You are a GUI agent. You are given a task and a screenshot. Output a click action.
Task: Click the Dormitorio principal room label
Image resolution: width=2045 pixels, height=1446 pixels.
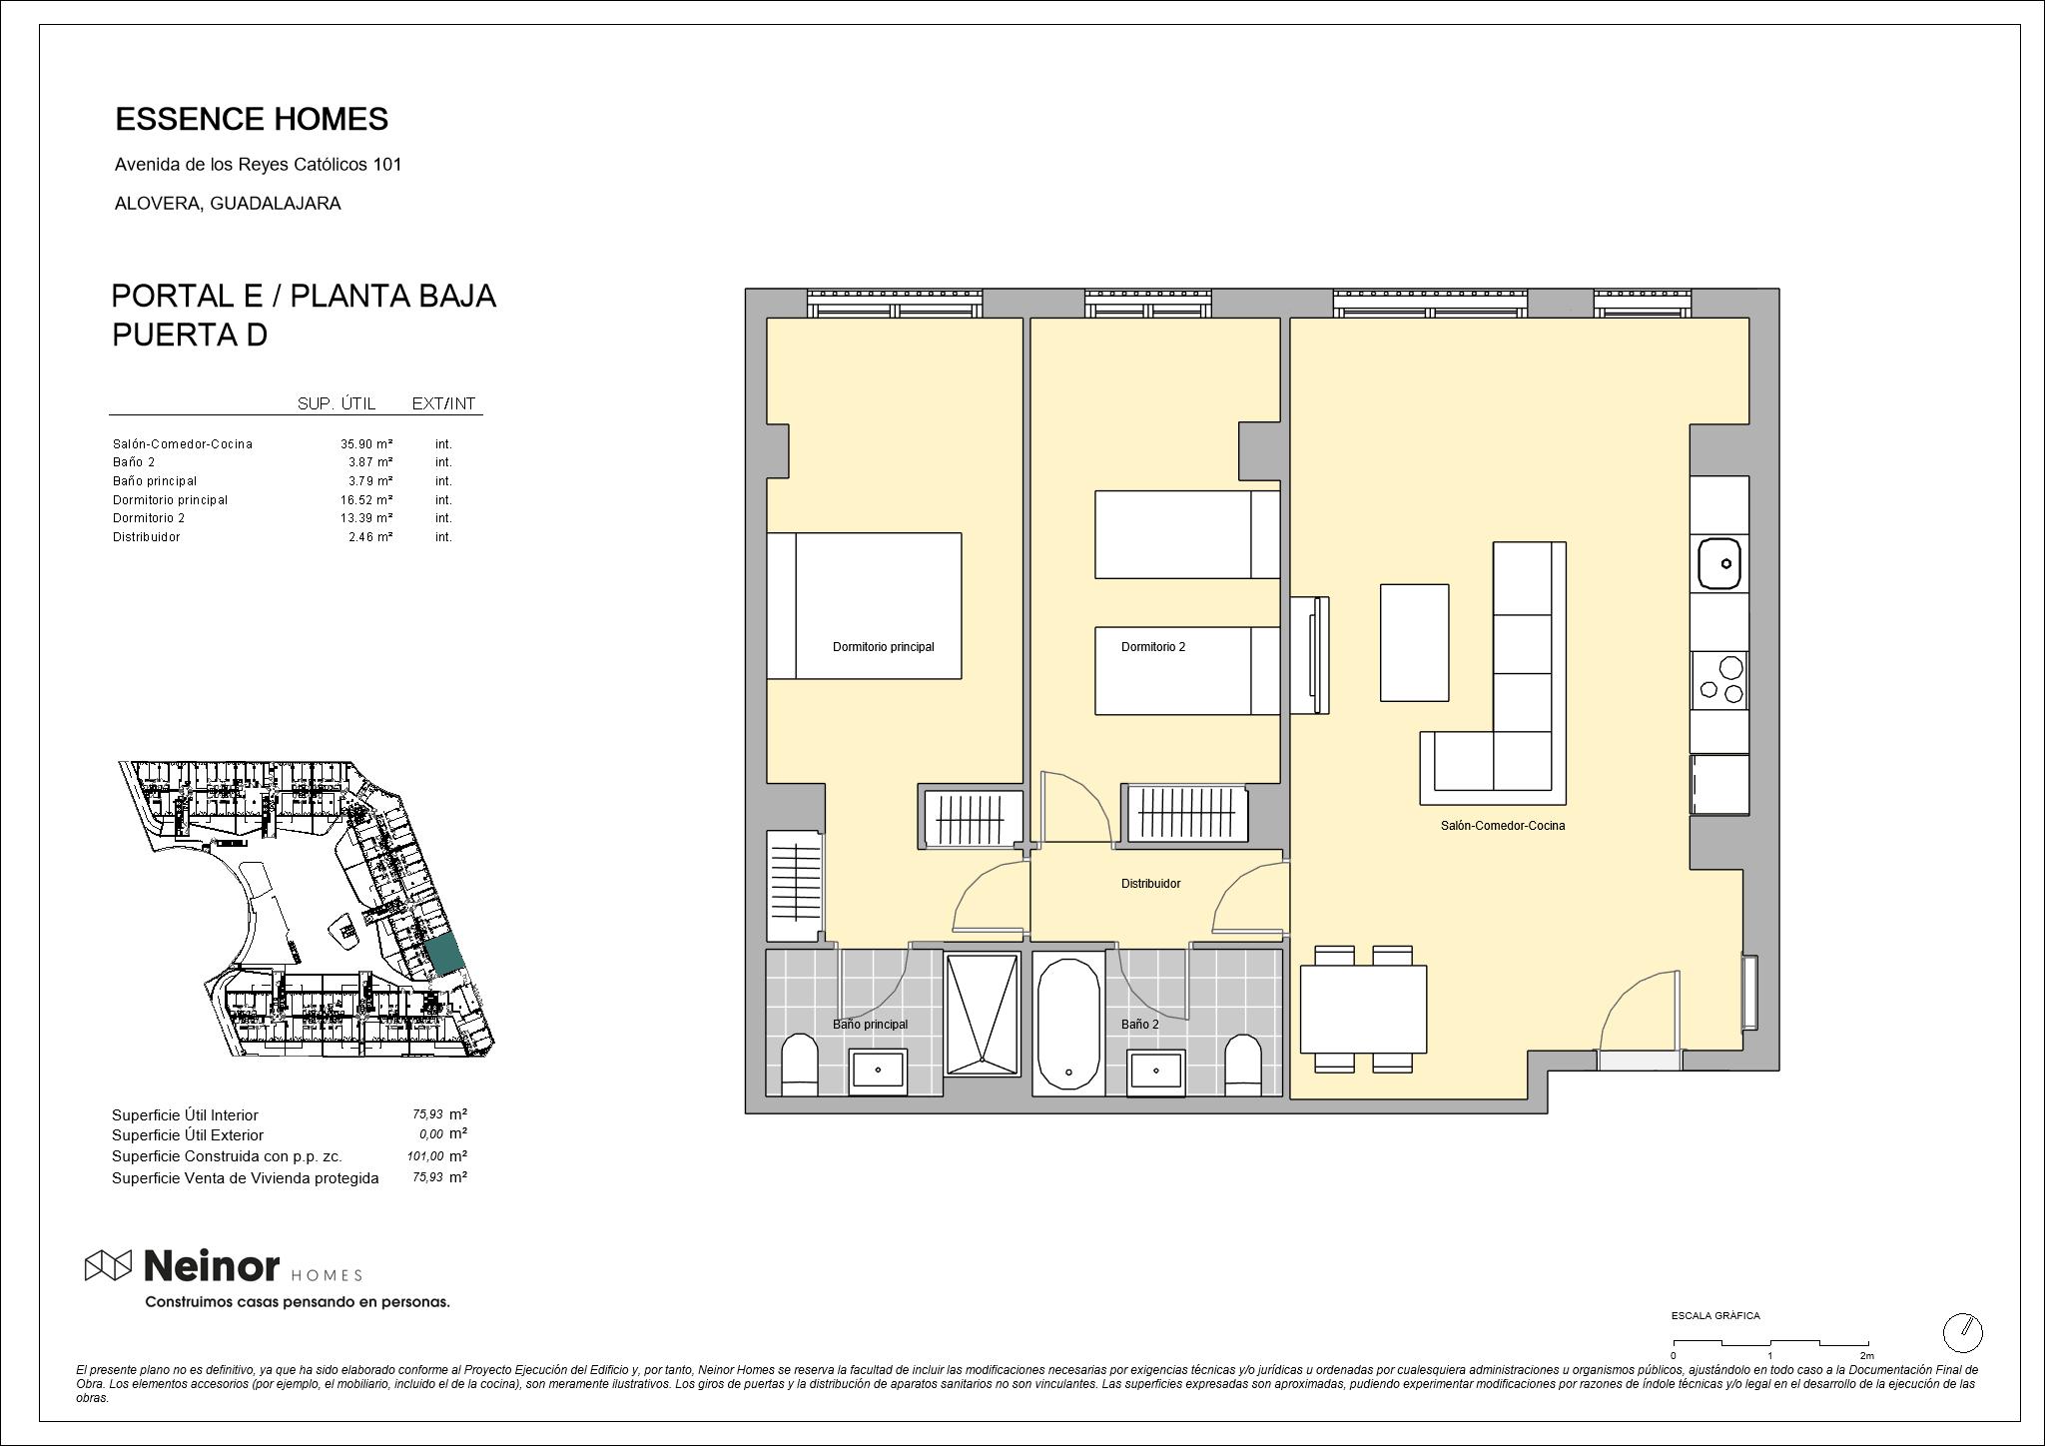pyautogui.click(x=883, y=647)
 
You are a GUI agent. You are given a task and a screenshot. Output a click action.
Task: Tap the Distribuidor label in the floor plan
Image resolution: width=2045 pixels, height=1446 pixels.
pyautogui.click(x=1150, y=884)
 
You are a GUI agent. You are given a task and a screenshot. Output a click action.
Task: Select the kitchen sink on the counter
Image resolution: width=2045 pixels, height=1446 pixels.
pyautogui.click(x=1719, y=563)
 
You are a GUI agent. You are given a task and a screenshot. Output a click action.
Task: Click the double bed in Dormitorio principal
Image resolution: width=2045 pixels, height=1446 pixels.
pyautogui.click(x=864, y=606)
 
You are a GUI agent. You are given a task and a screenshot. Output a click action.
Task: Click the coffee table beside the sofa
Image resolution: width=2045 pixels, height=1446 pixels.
pyautogui.click(x=1414, y=643)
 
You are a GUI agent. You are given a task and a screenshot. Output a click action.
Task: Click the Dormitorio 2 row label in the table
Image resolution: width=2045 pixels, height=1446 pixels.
pyautogui.click(x=149, y=518)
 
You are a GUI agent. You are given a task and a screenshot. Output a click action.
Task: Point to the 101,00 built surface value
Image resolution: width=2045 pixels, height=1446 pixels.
pyautogui.click(x=425, y=1156)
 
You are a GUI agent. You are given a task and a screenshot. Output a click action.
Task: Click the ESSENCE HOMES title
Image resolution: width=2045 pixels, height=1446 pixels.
pyautogui.click(x=252, y=120)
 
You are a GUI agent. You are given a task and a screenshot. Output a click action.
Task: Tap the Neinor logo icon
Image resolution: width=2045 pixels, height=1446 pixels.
pyautogui.click(x=108, y=1265)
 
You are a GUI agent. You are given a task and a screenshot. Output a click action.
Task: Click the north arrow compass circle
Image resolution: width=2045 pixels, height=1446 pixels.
pyautogui.click(x=1962, y=1332)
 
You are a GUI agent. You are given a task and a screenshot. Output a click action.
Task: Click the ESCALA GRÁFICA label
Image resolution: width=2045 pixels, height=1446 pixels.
pyautogui.click(x=1715, y=1316)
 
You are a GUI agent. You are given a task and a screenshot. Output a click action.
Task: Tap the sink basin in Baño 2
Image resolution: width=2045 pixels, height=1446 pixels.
pyautogui.click(x=1156, y=1072)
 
